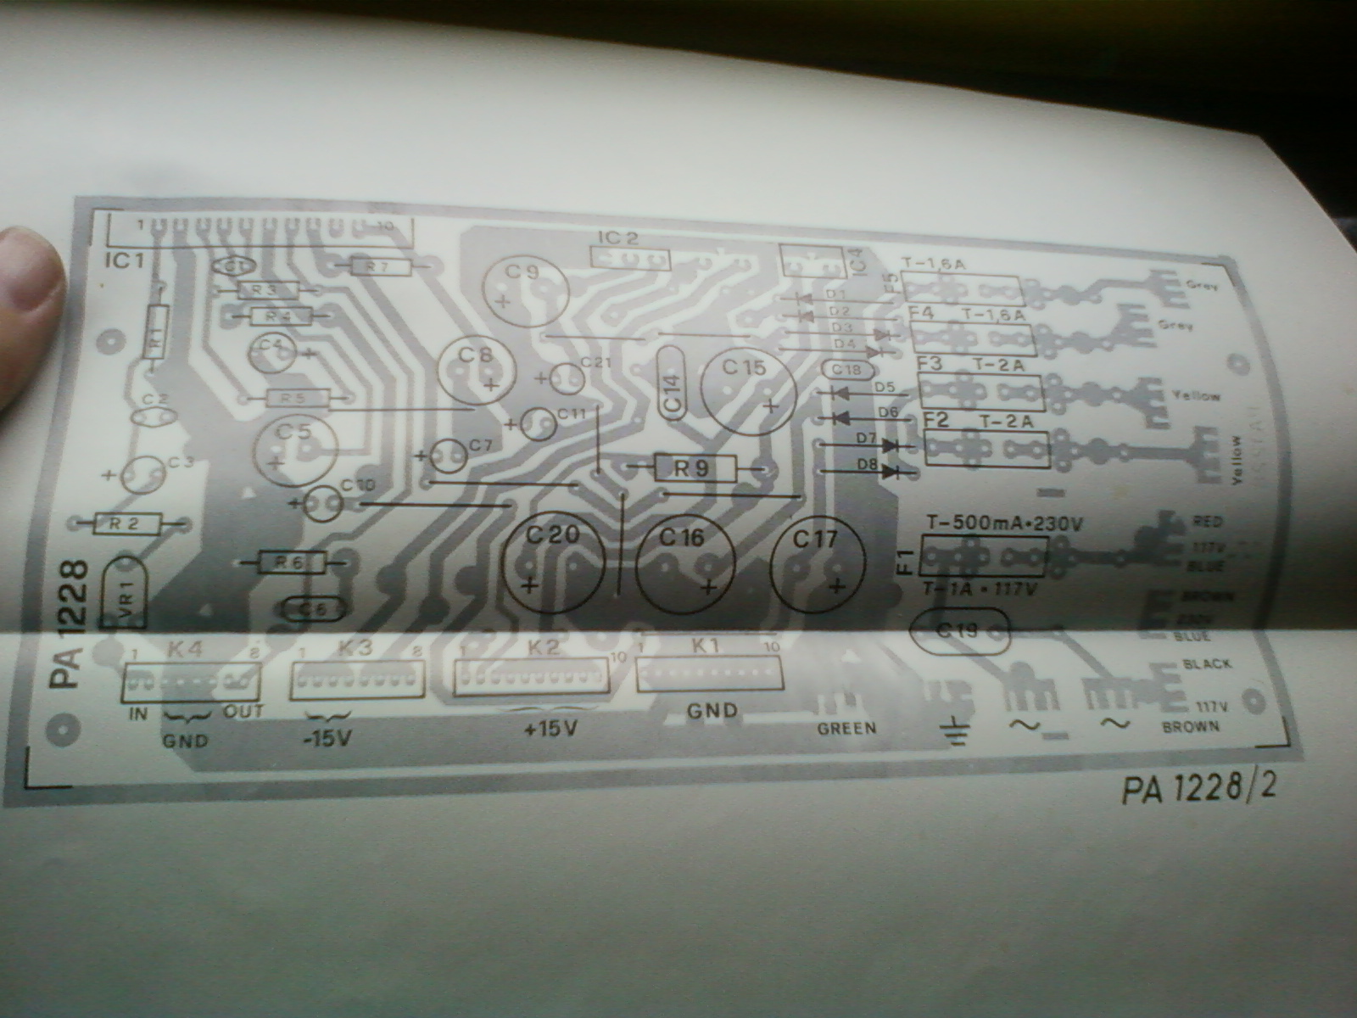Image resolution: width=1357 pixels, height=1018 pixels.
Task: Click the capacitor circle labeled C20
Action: (552, 561)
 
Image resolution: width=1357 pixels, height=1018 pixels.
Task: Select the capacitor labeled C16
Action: (684, 565)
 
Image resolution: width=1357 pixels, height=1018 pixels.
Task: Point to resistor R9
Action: (695, 467)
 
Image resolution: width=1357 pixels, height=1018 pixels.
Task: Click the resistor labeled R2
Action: (126, 524)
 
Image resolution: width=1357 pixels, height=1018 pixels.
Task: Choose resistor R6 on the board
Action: (290, 562)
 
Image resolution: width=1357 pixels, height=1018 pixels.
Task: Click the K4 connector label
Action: (186, 652)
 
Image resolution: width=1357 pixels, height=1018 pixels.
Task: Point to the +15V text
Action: (550, 728)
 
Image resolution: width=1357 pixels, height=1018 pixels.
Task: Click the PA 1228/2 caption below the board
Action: (1198, 789)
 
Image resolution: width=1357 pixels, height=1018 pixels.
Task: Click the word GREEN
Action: (846, 728)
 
